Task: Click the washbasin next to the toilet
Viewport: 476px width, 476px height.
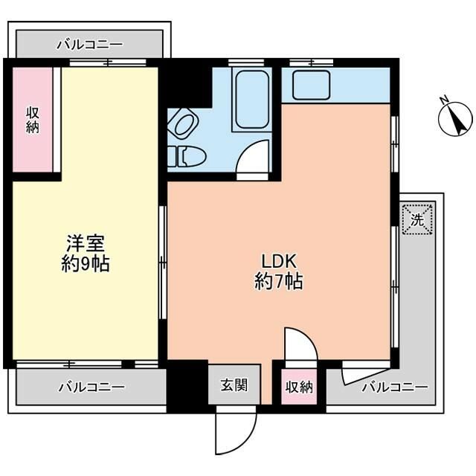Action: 183,124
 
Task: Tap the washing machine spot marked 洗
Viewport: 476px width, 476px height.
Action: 417,219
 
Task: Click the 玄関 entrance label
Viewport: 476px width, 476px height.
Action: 234,386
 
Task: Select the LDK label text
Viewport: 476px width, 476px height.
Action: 279,262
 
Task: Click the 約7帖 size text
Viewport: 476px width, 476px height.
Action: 279,282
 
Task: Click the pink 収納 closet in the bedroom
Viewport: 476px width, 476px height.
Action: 33,120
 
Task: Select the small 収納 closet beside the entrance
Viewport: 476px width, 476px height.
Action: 298,387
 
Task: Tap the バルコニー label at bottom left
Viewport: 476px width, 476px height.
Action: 91,387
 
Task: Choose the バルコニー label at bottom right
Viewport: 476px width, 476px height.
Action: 394,387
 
